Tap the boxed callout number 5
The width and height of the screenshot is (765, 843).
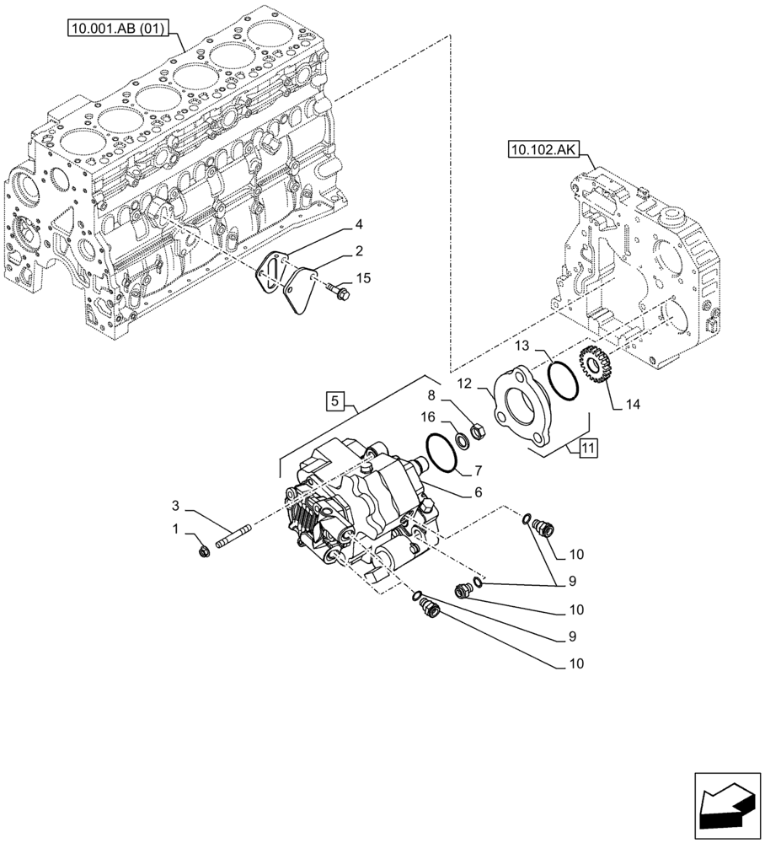coord(335,401)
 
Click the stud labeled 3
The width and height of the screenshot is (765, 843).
coord(235,537)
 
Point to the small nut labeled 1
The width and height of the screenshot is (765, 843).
coord(205,552)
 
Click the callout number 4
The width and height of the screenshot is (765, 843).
coord(358,224)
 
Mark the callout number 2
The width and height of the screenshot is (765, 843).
coord(358,251)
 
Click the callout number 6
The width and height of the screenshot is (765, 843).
coord(477,491)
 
